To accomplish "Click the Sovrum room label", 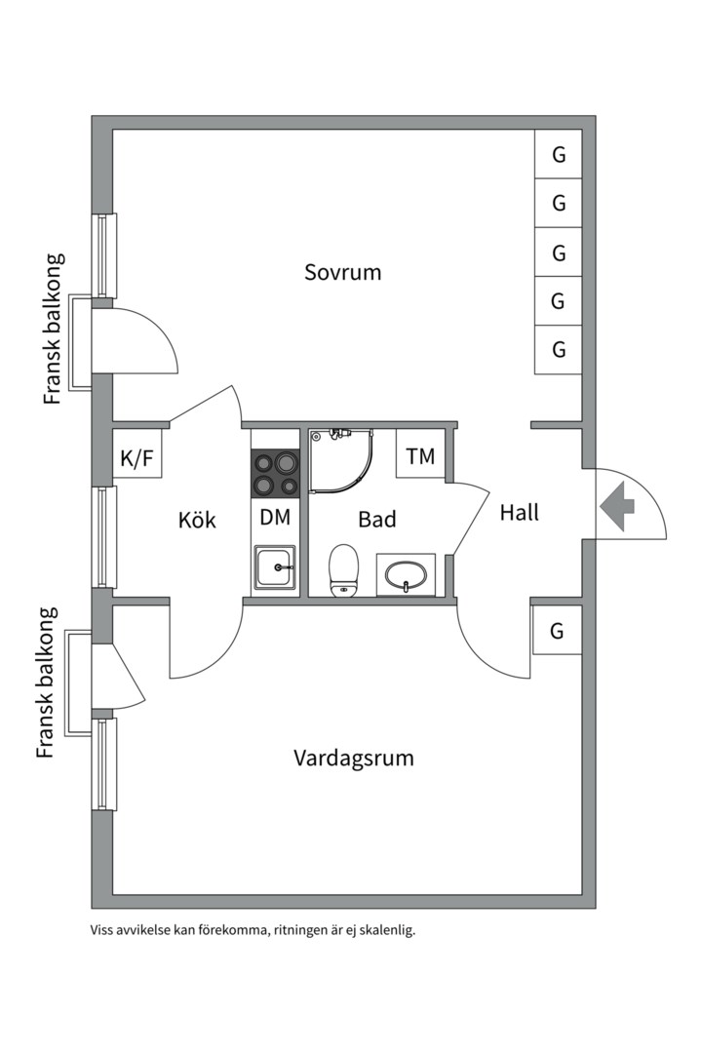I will tap(342, 272).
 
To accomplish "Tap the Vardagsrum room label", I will tap(353, 758).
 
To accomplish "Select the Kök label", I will tap(197, 520).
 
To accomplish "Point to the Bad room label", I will tap(376, 520).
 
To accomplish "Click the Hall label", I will tap(519, 512).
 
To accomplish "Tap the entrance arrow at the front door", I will tap(617, 506).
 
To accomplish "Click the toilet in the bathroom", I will tap(343, 569).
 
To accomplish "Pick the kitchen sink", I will tap(275, 566).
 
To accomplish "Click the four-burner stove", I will tap(275, 474).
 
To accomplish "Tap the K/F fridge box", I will tap(136, 458).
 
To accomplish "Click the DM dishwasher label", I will tap(275, 518).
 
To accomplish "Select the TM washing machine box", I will tap(420, 456).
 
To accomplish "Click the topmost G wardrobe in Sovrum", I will tap(559, 155).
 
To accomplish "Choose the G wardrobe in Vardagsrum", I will tap(556, 631).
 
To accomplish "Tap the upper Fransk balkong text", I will tap(54, 330).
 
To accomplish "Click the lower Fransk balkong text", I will tap(47, 682).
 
